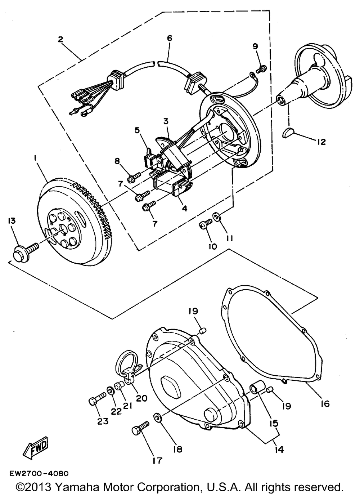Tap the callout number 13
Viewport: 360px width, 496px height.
12,221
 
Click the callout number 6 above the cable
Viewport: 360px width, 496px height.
169,38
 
